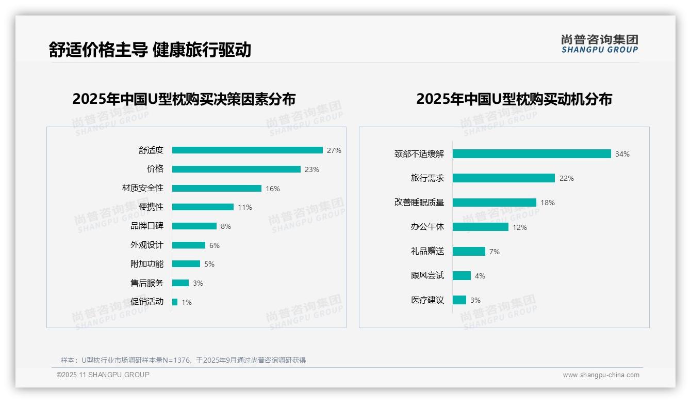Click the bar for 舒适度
point(247,150)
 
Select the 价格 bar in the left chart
point(236,169)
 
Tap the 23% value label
point(311,169)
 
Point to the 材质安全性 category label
point(142,188)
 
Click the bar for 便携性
point(203,207)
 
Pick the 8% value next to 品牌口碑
point(225,226)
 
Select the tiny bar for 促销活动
point(175,302)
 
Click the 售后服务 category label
point(146,283)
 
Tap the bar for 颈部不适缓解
point(532,154)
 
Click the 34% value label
point(622,154)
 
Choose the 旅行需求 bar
point(503,178)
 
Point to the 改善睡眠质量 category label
point(419,203)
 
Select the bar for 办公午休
point(480,227)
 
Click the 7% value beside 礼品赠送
point(494,252)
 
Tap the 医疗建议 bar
point(459,300)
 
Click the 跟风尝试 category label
point(427,275)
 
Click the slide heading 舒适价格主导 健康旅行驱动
point(150,50)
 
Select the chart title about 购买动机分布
point(514,99)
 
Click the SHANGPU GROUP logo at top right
point(599,44)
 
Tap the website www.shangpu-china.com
point(601,375)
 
